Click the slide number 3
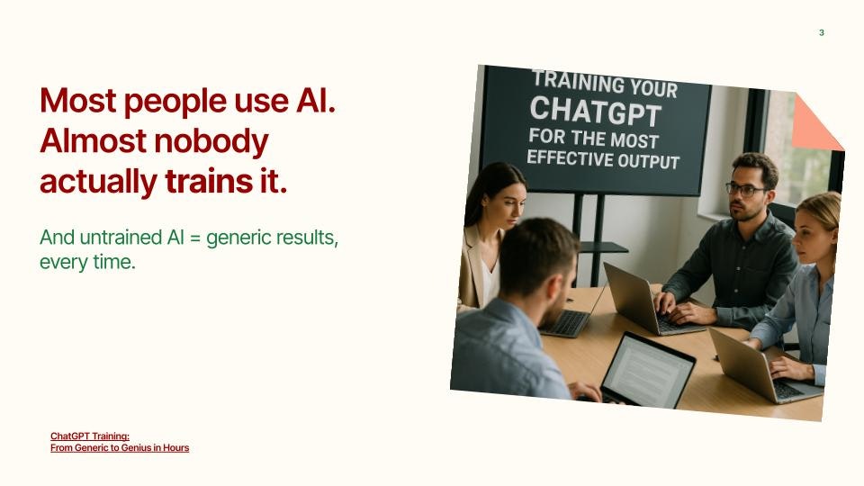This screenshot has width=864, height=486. [821, 33]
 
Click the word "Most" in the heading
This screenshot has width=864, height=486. [78, 100]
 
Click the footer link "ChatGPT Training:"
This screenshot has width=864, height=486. [90, 436]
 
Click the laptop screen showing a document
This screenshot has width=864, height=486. [647, 367]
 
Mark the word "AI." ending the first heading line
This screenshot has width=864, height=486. [314, 100]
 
